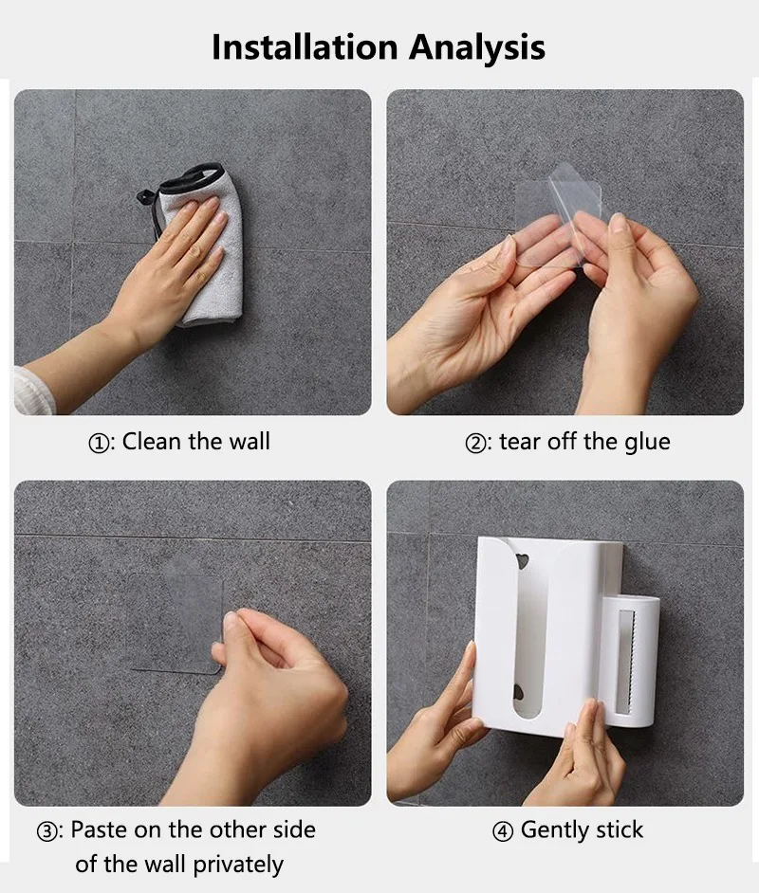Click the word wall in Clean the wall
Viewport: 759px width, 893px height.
click(246, 442)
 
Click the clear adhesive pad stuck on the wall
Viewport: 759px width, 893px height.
click(171, 616)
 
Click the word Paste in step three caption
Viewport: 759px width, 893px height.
click(100, 830)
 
